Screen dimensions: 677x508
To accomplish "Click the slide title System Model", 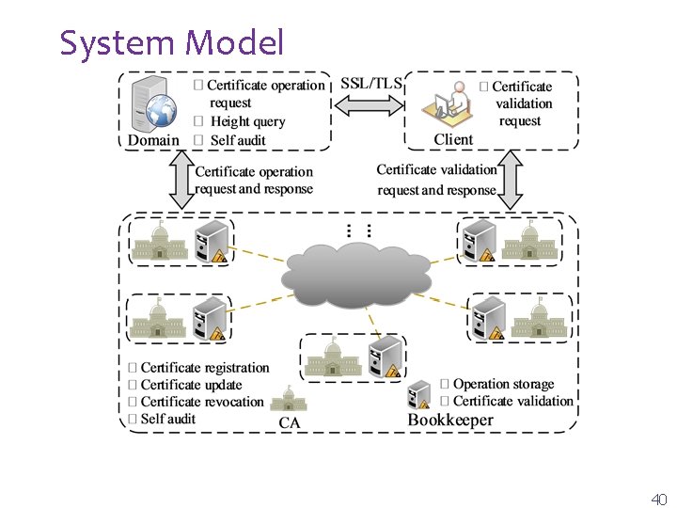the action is click(x=172, y=43).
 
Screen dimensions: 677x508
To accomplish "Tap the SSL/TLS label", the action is click(x=371, y=83).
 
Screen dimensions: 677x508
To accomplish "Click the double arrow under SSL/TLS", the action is click(x=370, y=105).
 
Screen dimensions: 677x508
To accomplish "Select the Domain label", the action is click(x=153, y=140).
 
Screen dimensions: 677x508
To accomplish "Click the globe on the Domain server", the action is click(x=161, y=110).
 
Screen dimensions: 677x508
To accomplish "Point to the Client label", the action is click(x=453, y=139).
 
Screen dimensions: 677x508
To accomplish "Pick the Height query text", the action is click(x=248, y=121).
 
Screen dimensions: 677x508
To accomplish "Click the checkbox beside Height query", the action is click(x=198, y=121).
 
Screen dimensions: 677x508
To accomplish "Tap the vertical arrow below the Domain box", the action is click(x=181, y=180).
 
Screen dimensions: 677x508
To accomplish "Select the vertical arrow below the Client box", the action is click(x=511, y=180).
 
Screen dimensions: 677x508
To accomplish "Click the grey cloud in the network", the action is click(x=356, y=276).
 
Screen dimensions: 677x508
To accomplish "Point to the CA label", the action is click(x=290, y=422).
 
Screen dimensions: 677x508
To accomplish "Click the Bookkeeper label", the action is click(x=450, y=420).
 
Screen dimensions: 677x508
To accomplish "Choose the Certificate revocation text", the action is click(x=202, y=402).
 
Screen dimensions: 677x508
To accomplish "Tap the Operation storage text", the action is click(x=503, y=384).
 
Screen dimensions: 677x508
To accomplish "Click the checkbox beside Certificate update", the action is click(x=133, y=385).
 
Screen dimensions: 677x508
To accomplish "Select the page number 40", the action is click(x=659, y=499).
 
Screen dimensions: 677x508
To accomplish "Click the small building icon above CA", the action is click(x=289, y=398).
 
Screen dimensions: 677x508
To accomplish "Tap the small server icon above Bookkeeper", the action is click(x=419, y=394).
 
